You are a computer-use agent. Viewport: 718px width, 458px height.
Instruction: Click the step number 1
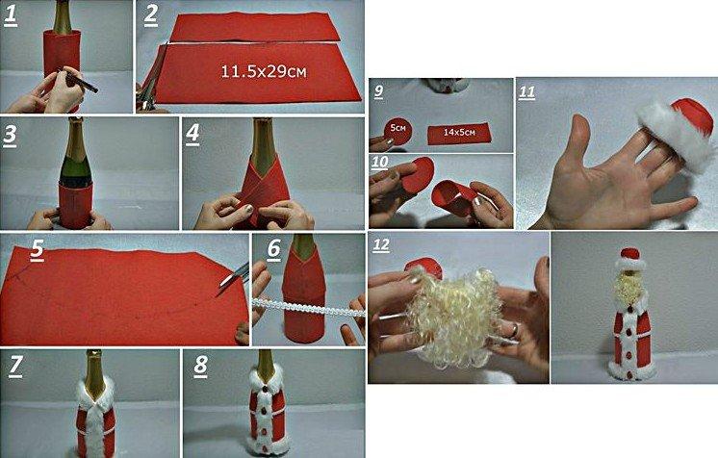point(11,14)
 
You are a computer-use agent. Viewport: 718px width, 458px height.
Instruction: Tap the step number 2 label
point(151,14)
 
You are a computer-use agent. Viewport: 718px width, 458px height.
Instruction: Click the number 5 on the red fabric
point(37,249)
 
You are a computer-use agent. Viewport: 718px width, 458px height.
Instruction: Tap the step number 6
point(273,249)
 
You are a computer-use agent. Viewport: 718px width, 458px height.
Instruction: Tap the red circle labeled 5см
point(397,130)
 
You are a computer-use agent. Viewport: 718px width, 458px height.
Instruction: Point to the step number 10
point(381,163)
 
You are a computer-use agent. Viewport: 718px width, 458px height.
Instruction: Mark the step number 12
point(382,246)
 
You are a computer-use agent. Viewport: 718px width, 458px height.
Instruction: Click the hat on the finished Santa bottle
point(628,257)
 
